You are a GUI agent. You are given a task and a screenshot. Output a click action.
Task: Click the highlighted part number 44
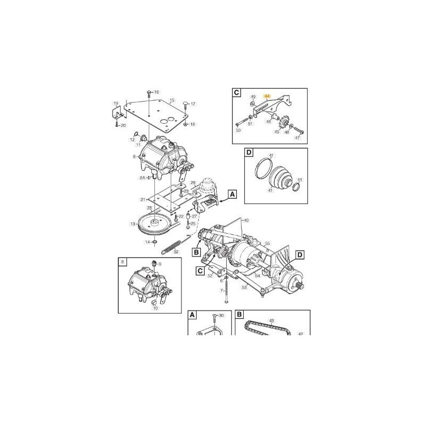coord(267,96)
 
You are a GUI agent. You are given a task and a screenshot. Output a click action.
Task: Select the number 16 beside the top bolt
coord(156,92)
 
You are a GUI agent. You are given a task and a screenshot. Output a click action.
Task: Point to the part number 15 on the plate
coord(171,100)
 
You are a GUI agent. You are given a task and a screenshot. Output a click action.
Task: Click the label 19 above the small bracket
coord(116,103)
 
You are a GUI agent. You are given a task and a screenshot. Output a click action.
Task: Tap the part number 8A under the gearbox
coord(142,178)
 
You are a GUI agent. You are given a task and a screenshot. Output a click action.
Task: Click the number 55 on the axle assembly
coord(268,243)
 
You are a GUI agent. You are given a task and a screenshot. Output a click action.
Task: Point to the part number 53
coord(245,287)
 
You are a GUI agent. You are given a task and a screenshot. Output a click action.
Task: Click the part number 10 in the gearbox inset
coord(154,308)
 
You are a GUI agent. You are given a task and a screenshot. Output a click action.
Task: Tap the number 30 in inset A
coord(222,316)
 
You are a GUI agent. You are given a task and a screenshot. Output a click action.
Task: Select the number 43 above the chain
coord(272,320)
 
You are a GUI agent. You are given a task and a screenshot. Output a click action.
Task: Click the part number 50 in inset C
coord(238,130)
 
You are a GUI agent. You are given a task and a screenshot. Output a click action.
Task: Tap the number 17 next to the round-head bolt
coord(193,104)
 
